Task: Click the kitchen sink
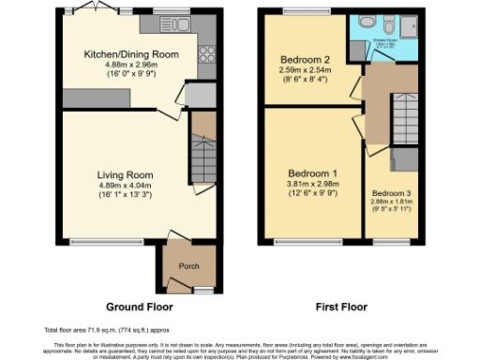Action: coord(176,23)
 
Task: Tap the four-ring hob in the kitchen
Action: coord(207,54)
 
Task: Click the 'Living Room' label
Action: coord(125,174)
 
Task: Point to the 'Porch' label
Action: coord(188,266)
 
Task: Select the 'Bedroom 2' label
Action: coord(302,59)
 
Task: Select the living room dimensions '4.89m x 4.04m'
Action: coord(126,186)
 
